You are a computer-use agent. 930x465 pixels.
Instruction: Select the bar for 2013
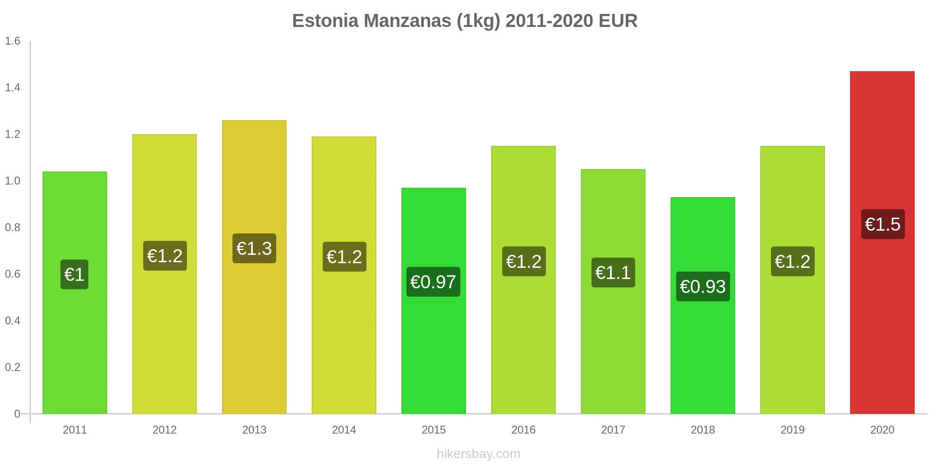click(254, 325)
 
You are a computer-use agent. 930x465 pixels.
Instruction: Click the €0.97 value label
click(433, 282)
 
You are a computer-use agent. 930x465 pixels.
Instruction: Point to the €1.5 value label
click(883, 224)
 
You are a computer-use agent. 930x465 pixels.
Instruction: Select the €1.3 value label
click(254, 248)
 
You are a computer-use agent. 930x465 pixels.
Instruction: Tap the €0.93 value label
click(703, 286)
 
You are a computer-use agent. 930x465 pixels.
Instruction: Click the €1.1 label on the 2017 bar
click(613, 272)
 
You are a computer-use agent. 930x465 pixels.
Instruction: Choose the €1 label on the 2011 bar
click(74, 274)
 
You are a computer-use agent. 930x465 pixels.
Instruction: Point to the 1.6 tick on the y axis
click(13, 41)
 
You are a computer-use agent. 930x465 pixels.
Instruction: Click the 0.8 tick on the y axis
click(13, 227)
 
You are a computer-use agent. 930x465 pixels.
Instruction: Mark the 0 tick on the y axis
click(17, 414)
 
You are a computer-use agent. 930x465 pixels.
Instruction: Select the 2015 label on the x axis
click(433, 430)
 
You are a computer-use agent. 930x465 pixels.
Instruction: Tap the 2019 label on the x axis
click(792, 430)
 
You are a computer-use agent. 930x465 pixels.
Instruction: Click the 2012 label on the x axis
click(165, 430)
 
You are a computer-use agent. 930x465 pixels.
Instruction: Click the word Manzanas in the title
click(408, 21)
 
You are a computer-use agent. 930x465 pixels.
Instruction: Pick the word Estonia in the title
click(325, 21)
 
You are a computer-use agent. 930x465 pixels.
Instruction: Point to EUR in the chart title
click(618, 21)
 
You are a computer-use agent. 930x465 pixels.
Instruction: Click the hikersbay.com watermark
click(478, 454)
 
